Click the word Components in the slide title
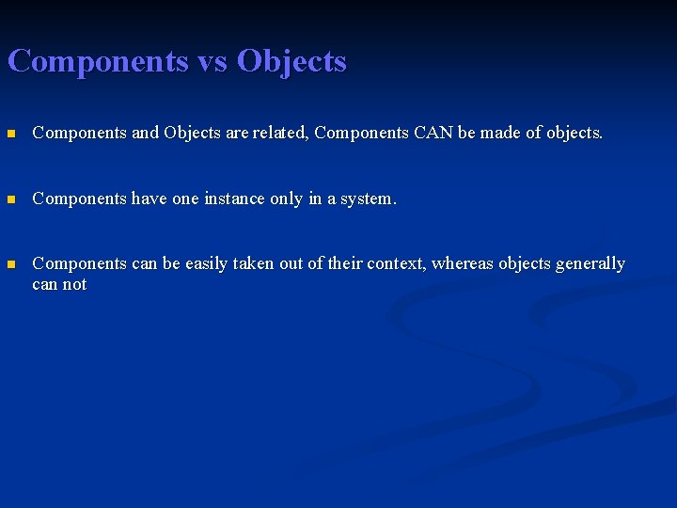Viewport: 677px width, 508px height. point(98,62)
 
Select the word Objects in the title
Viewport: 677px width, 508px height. point(291,62)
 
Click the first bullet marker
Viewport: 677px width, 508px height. point(11,134)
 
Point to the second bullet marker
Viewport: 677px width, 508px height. point(11,199)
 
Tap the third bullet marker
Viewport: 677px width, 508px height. point(11,264)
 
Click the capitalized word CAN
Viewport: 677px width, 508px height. point(433,134)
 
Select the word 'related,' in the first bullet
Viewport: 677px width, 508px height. point(281,134)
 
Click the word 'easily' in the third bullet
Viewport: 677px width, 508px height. point(206,264)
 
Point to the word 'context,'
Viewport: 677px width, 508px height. point(395,264)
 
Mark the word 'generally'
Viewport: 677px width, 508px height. point(590,264)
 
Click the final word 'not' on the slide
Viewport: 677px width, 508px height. point(74,285)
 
